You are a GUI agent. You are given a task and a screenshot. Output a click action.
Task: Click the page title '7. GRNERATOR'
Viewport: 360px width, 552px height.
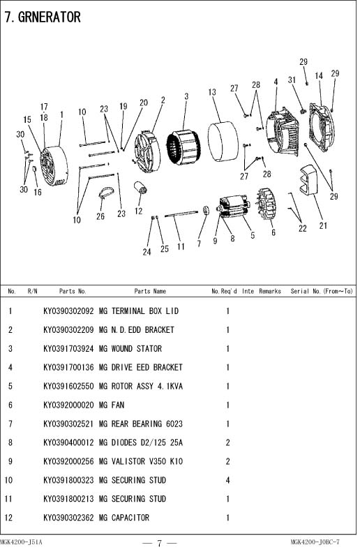[x=43, y=17]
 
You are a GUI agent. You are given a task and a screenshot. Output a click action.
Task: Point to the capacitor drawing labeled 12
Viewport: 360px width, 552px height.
[x=141, y=188]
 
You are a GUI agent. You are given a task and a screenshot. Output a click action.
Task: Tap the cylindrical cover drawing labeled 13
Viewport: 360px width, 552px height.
[x=223, y=142]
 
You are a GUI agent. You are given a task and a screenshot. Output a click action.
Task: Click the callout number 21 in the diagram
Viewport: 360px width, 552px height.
[x=323, y=225]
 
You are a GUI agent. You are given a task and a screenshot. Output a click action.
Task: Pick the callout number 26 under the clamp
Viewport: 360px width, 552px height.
[x=100, y=216]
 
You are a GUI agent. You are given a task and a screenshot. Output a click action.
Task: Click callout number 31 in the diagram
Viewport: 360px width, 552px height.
[x=292, y=80]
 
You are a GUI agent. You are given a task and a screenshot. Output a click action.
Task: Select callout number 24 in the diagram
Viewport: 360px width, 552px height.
[x=147, y=252]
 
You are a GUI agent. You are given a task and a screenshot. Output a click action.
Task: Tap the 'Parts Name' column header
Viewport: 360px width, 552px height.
[x=150, y=291]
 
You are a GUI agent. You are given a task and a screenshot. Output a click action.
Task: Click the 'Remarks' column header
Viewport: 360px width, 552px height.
[x=270, y=291]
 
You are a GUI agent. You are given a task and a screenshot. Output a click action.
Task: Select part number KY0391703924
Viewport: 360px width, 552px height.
[x=68, y=348]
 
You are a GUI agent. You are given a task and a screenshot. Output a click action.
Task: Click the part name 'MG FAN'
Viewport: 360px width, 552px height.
[x=112, y=405]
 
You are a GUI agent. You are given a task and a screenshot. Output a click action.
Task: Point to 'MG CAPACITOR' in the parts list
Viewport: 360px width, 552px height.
[x=124, y=518]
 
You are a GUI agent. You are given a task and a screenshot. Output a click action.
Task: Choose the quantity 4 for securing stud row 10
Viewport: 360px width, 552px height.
[x=227, y=480]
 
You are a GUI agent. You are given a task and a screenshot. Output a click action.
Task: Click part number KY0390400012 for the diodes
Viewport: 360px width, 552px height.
[x=68, y=442]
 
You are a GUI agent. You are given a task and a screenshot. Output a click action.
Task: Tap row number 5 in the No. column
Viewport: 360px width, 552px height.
[x=10, y=386]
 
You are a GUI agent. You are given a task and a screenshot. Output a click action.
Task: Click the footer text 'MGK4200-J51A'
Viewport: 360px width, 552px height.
[x=21, y=542]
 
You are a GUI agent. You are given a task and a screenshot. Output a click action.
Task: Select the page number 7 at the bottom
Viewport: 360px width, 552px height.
[x=159, y=543]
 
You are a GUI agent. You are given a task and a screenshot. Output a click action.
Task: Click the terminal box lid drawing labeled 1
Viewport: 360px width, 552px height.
[x=54, y=165]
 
